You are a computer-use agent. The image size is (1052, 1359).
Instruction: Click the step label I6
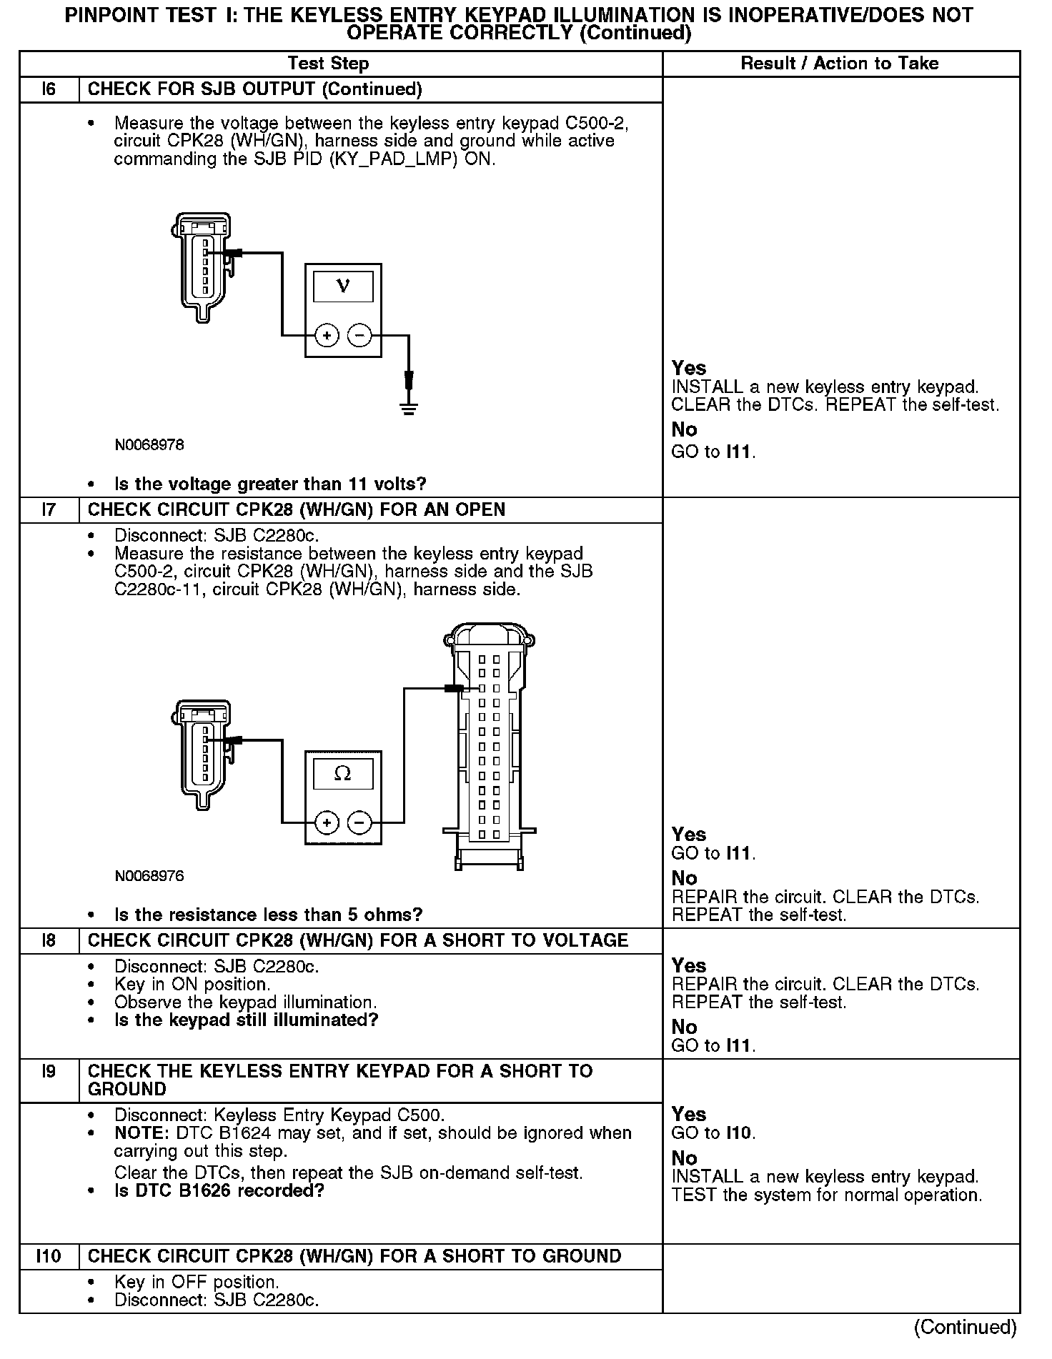click(x=49, y=89)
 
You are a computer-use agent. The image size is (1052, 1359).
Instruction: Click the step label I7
click(x=49, y=509)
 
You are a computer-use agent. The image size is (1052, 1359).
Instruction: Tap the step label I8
click(x=49, y=940)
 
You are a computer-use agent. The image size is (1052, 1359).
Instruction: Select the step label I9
click(x=49, y=1071)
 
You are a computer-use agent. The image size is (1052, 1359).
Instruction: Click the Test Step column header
click(x=328, y=64)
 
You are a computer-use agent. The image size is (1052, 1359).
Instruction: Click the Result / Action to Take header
click(x=840, y=64)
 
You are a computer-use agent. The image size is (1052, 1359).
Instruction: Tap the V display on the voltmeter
click(x=343, y=287)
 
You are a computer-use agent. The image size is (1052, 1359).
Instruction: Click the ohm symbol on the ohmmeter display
click(x=343, y=774)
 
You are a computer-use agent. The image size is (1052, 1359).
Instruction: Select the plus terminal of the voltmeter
click(x=327, y=335)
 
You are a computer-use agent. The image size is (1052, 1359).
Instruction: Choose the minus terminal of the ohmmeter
click(x=359, y=823)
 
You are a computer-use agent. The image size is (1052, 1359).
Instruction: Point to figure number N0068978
click(x=149, y=444)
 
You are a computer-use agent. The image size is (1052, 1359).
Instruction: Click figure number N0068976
click(x=149, y=875)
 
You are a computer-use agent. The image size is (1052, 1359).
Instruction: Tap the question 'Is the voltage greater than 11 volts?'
click(x=270, y=484)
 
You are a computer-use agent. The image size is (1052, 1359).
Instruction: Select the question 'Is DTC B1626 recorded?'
click(x=219, y=1190)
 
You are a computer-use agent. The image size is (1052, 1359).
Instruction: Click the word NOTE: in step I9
click(x=138, y=1133)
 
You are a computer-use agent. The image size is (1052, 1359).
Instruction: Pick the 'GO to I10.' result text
click(x=713, y=1132)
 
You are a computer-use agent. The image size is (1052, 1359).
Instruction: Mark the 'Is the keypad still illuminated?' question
click(x=246, y=1020)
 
